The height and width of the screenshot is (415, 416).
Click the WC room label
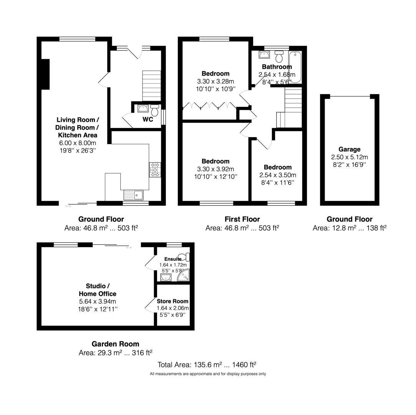pyautogui.click(x=148, y=120)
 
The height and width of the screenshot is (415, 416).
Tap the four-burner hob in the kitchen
pyautogui.click(x=155, y=170)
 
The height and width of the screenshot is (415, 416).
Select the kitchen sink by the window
pyautogui.click(x=133, y=195)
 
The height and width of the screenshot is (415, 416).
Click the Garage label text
pyautogui.click(x=349, y=149)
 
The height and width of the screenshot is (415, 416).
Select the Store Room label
pyautogui.click(x=172, y=301)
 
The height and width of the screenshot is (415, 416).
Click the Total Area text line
pyautogui.click(x=207, y=364)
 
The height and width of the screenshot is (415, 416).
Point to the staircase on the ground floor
pyautogui.click(x=151, y=85)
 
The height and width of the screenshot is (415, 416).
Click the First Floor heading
pyautogui.click(x=242, y=219)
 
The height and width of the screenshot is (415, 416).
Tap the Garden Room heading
pyautogui.click(x=115, y=344)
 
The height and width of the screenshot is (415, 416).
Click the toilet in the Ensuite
pyautogui.click(x=186, y=257)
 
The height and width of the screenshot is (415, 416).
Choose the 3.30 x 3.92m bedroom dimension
pyautogui.click(x=215, y=169)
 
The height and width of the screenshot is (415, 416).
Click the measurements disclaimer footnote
pyautogui.click(x=207, y=374)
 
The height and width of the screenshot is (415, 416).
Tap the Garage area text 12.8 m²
pyautogui.click(x=349, y=228)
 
